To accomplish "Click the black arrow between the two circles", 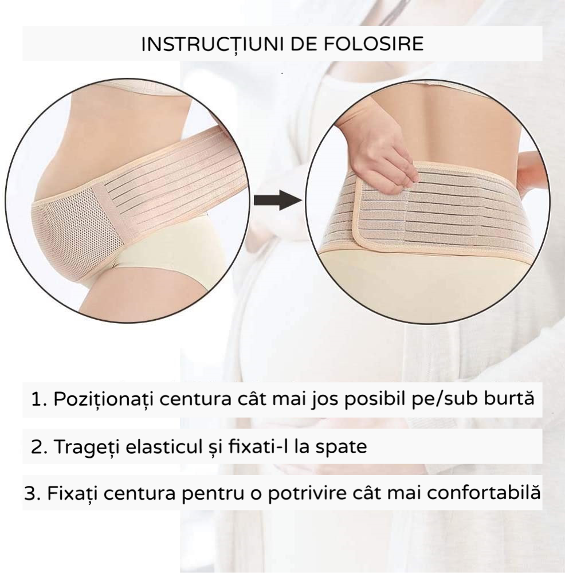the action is click(278, 200).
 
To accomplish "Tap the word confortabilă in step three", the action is click(484, 493).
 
